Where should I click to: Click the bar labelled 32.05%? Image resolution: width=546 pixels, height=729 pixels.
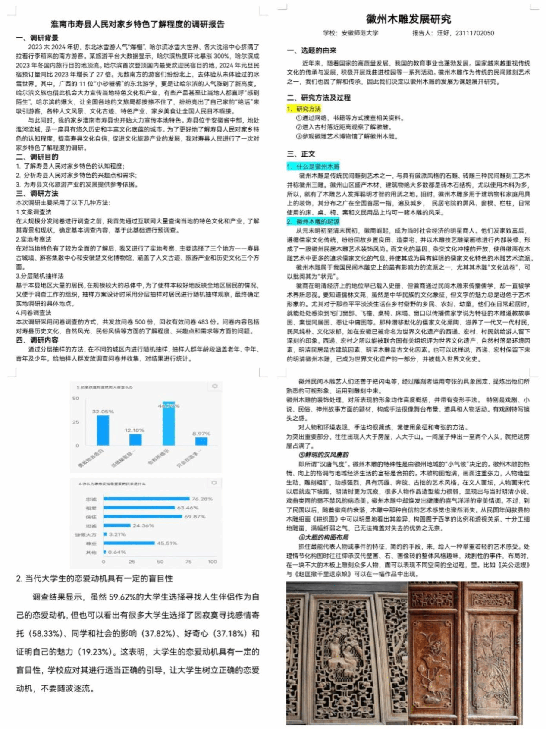click(103, 430)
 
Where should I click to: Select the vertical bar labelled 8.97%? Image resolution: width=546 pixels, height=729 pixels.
click(201, 441)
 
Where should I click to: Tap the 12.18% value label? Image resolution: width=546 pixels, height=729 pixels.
click(135, 430)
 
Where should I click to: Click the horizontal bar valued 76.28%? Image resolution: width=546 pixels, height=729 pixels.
click(146, 499)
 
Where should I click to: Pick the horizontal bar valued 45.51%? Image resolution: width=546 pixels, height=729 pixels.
click(129, 543)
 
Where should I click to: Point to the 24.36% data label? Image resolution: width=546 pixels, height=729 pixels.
click(143, 525)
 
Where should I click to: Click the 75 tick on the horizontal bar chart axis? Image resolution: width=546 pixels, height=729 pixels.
click(188, 562)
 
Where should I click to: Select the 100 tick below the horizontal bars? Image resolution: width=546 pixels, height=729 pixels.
click(212, 562)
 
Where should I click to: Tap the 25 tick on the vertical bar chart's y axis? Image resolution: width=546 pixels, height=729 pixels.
click(76, 422)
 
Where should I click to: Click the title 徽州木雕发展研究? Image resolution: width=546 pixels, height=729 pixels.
click(408, 19)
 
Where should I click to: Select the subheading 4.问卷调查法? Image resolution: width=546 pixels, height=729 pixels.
click(34, 312)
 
